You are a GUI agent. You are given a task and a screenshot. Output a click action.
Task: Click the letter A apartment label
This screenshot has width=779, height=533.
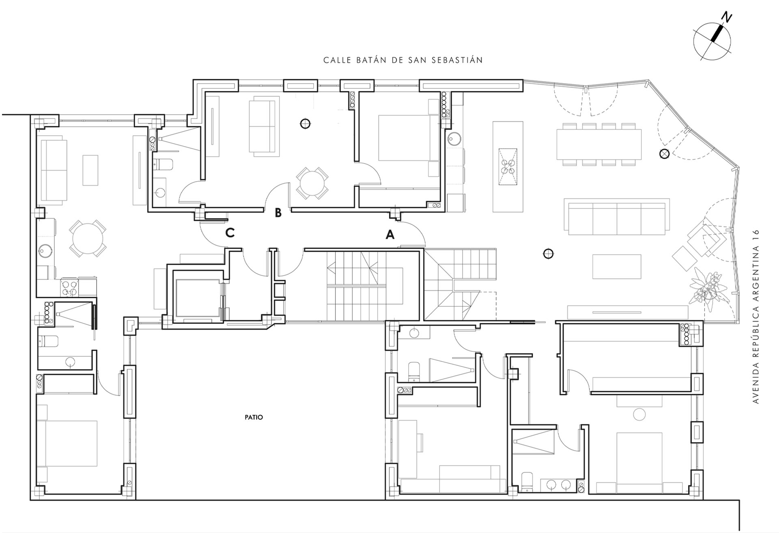390,234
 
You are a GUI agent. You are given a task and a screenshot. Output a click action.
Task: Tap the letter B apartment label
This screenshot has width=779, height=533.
278,213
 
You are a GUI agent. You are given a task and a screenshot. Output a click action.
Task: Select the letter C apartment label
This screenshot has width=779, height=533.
230,233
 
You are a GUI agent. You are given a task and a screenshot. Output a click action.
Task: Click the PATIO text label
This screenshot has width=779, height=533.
254,417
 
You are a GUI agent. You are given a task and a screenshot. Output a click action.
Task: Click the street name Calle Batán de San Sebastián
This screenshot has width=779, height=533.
403,60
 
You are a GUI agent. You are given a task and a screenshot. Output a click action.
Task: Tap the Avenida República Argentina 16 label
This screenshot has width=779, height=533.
755,317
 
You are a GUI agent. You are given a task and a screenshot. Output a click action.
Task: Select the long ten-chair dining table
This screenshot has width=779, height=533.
599,144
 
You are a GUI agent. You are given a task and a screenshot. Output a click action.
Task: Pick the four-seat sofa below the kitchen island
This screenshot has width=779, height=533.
616,217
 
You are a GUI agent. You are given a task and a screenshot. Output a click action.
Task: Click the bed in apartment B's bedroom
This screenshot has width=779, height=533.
409,138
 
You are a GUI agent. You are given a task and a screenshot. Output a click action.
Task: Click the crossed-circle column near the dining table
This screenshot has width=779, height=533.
664,154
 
